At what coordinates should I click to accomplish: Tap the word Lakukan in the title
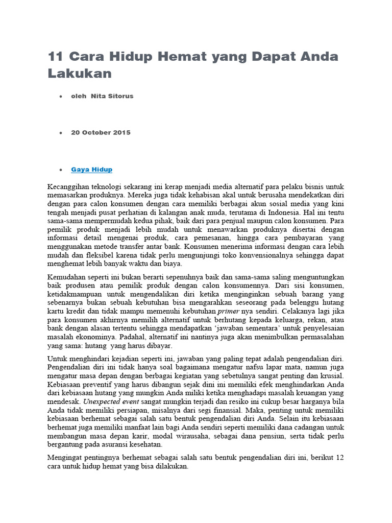pyautogui.click(x=79, y=73)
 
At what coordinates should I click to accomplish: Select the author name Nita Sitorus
pyautogui.click(x=112, y=96)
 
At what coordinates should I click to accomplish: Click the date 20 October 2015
pyautogui.click(x=101, y=132)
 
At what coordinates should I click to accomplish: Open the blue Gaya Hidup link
pyautogui.click(x=91, y=169)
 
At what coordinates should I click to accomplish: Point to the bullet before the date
pyautogui.click(x=61, y=133)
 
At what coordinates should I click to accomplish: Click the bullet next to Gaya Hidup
pyautogui.click(x=61, y=170)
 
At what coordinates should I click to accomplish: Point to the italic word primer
pyautogui.click(x=228, y=311)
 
